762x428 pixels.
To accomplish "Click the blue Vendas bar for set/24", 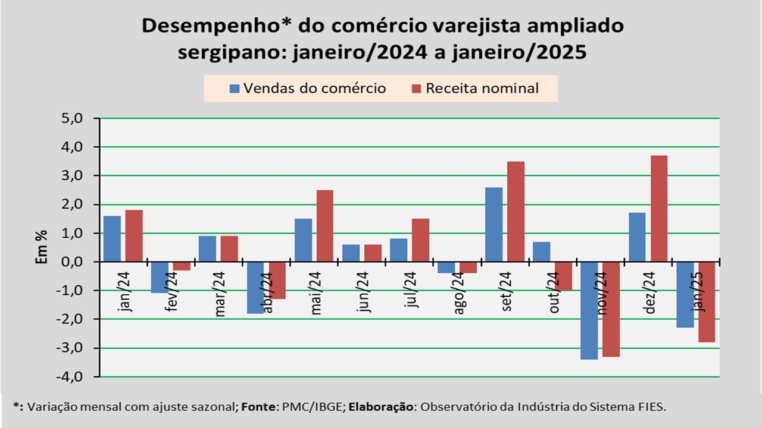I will [x=494, y=225].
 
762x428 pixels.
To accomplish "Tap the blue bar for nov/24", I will [x=589, y=310].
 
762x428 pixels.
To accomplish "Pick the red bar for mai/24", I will [x=324, y=226].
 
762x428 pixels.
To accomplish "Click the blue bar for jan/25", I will [x=685, y=295].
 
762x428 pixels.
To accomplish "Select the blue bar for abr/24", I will [x=255, y=288].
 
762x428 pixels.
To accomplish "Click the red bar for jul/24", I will [x=420, y=240].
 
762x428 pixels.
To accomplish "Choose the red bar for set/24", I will [x=516, y=212].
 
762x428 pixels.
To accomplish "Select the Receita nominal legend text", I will [x=482, y=89].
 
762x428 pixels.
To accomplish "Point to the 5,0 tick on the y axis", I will [x=75, y=118].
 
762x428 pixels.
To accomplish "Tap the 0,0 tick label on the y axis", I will [x=75, y=262].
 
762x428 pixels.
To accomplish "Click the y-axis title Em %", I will [x=42, y=247].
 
